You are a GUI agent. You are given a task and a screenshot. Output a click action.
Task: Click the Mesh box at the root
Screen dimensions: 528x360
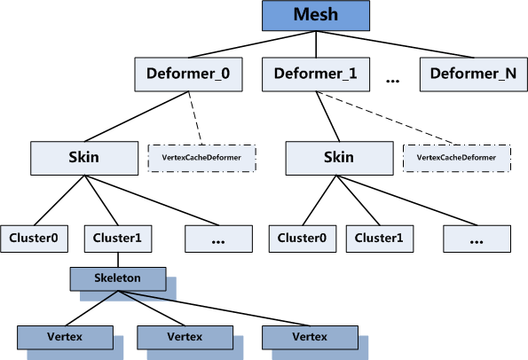316,15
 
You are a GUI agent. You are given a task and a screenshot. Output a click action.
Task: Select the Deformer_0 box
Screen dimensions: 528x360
188,74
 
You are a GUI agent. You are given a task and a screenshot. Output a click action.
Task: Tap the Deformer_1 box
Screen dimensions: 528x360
316,74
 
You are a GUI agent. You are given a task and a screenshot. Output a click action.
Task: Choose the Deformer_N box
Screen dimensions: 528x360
474,74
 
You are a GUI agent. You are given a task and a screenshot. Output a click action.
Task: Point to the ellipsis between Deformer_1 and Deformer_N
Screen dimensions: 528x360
392,81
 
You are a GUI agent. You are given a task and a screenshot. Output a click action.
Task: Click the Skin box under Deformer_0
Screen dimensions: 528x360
84,158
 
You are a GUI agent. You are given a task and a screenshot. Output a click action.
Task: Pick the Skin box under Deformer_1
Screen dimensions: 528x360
339,158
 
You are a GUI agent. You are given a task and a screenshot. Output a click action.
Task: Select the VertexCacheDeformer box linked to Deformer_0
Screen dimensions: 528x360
201,159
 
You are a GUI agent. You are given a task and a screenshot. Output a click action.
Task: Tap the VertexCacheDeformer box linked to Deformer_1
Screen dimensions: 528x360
457,159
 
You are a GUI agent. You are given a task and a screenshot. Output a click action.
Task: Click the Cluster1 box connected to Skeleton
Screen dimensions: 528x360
118,239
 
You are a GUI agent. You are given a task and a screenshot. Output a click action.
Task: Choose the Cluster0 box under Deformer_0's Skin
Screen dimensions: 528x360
34,239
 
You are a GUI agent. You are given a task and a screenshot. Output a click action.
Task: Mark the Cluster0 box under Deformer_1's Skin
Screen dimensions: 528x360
303,239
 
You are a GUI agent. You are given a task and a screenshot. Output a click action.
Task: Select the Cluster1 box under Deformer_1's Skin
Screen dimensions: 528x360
380,239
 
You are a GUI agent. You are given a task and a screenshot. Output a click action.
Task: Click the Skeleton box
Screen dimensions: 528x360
118,279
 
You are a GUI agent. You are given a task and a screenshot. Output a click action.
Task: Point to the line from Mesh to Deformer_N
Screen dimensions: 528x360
395,44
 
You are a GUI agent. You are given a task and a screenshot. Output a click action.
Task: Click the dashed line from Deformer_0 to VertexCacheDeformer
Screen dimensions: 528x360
195,118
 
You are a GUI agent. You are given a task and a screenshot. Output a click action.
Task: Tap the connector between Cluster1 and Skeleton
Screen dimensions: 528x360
118,260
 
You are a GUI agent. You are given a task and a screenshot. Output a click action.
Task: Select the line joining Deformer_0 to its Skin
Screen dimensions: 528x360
137,116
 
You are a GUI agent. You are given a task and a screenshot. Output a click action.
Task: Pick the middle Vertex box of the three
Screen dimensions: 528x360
185,338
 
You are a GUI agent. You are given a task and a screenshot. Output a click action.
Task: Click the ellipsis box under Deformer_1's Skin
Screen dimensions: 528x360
477,239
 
